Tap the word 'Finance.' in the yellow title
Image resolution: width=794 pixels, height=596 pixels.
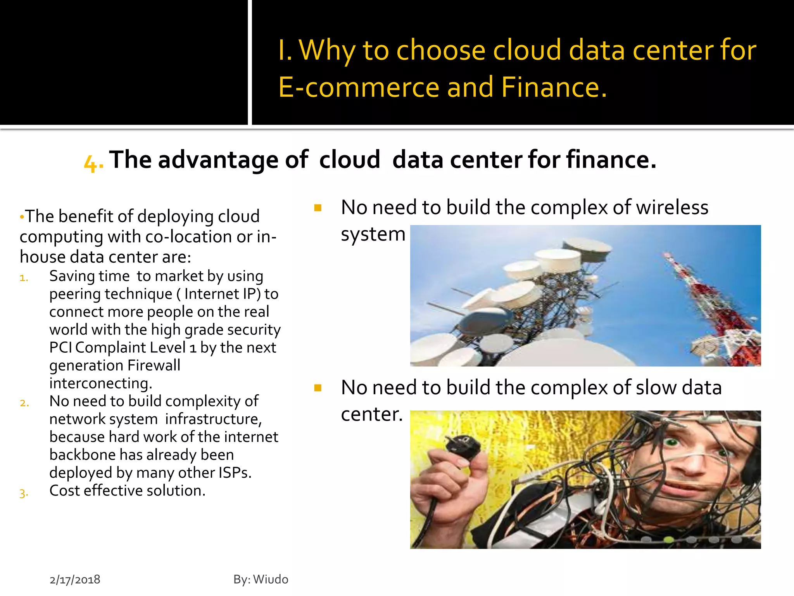click(554, 87)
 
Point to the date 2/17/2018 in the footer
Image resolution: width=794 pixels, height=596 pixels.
click(75, 579)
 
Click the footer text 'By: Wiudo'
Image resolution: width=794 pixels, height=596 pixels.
click(261, 579)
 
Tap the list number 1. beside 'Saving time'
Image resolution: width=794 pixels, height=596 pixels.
click(24, 278)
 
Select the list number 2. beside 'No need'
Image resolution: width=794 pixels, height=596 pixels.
click(24, 403)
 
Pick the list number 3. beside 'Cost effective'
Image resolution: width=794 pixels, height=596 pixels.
click(24, 493)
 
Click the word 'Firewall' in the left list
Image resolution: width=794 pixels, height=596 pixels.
click(154, 365)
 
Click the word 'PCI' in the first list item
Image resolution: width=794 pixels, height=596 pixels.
click(60, 347)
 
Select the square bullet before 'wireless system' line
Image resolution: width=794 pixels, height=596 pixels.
click(318, 208)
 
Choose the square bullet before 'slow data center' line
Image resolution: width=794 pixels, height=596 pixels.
click(318, 388)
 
